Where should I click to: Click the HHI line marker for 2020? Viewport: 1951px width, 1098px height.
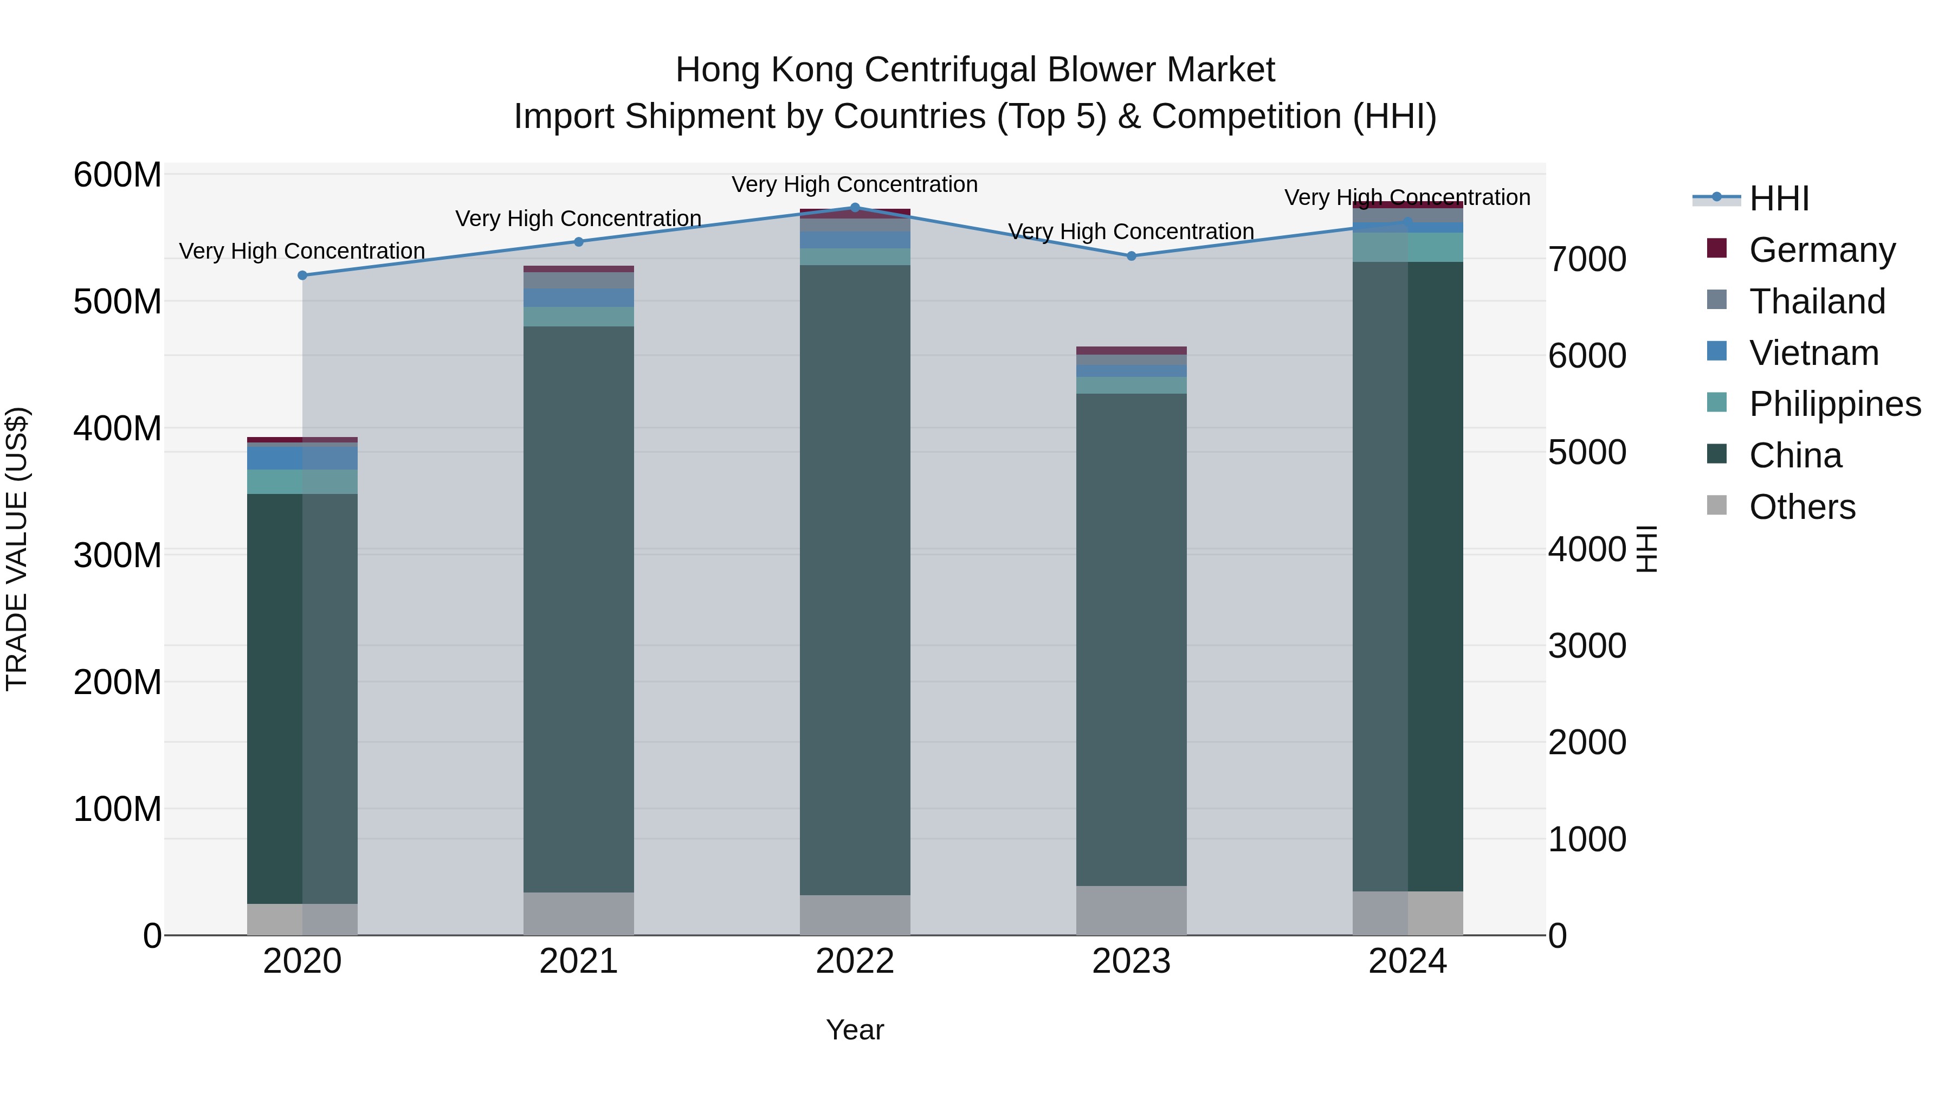[x=302, y=275]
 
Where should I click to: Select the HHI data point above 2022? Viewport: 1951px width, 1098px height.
[x=855, y=208]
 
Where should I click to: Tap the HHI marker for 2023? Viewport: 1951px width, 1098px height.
[x=1132, y=256]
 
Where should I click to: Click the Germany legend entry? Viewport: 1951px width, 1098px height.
[x=1821, y=250]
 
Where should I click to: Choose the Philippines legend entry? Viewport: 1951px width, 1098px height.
[x=1834, y=404]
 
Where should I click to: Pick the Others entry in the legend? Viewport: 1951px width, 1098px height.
[x=1802, y=507]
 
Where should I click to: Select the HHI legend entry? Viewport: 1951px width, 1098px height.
[x=1778, y=198]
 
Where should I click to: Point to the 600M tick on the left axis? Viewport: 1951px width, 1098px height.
[x=118, y=175]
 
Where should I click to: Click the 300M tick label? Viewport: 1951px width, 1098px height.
[x=118, y=555]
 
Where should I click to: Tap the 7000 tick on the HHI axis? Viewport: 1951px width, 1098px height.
[x=1587, y=259]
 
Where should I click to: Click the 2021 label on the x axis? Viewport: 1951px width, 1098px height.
[x=579, y=961]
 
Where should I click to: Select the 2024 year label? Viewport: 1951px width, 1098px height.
[x=1407, y=961]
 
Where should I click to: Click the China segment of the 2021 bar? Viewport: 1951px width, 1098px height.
[x=579, y=606]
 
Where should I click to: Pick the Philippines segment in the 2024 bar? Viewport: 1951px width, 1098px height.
[x=1407, y=247]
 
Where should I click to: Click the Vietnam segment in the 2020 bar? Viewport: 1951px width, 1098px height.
[x=302, y=458]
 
